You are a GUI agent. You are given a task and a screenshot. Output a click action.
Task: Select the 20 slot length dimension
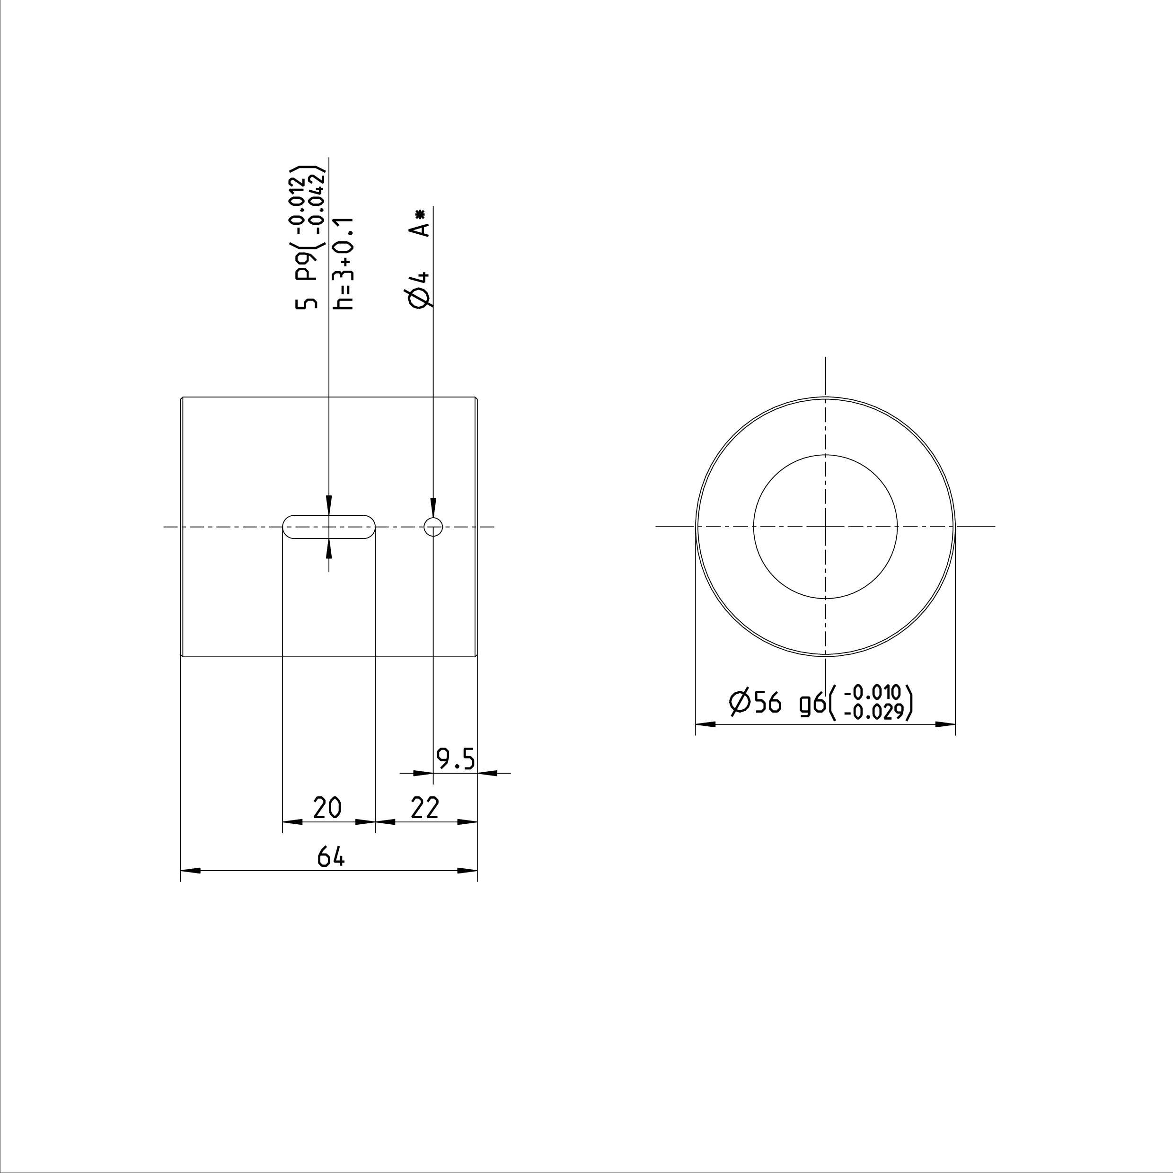(327, 808)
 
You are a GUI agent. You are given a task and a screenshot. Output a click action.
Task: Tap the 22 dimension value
(425, 808)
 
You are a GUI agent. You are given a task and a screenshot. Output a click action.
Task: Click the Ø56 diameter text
(755, 703)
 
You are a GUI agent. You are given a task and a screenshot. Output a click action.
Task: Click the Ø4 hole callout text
(420, 290)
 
